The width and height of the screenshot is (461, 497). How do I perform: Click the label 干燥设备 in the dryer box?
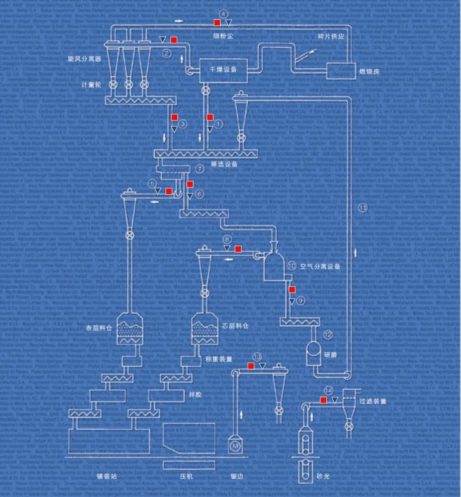click(223, 69)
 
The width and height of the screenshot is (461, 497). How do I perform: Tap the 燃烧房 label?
click(369, 71)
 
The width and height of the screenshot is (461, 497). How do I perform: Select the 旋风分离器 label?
click(84, 59)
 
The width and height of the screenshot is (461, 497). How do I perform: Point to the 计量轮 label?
click(91, 85)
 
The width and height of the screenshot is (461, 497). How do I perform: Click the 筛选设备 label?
click(224, 164)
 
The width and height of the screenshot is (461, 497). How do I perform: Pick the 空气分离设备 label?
click(320, 266)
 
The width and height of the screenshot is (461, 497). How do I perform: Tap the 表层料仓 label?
click(99, 328)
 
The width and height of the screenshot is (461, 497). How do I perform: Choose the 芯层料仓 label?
click(235, 326)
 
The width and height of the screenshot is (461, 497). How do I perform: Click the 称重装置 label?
click(219, 359)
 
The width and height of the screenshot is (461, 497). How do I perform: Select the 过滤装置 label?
click(373, 401)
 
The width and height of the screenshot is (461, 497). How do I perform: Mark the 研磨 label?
click(330, 355)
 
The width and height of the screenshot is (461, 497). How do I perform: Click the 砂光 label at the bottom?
click(323, 477)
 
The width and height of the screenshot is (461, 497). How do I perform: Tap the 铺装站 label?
click(107, 477)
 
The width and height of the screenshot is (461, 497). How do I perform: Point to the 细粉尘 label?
click(223, 36)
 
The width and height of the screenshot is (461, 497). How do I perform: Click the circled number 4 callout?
click(223, 14)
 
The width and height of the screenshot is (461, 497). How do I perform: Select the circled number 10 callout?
click(292, 266)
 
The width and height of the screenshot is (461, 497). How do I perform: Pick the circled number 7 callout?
click(200, 169)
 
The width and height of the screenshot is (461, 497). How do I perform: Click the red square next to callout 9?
click(292, 289)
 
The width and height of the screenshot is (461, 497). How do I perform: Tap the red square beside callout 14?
click(323, 400)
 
